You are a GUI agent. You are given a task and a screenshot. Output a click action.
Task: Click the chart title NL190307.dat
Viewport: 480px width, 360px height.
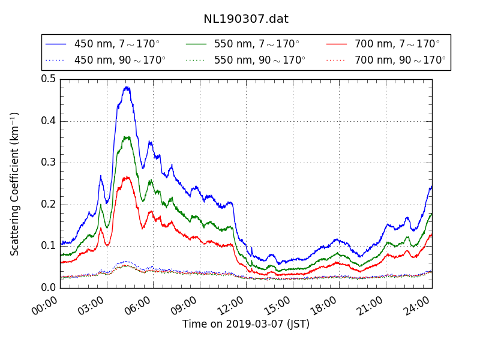(246, 19)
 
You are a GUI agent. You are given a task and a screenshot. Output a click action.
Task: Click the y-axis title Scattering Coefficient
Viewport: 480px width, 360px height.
(15, 184)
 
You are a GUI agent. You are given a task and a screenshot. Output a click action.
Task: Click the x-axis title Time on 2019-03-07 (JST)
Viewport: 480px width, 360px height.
(246, 324)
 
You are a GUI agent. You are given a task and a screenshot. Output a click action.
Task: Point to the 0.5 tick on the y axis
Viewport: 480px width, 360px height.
(49, 79)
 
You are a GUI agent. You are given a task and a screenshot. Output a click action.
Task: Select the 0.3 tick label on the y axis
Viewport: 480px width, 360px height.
(49, 162)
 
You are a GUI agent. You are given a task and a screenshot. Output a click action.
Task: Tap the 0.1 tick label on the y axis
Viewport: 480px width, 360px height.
(49, 245)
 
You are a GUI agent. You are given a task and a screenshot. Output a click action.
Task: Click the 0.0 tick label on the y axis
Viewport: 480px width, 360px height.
(49, 287)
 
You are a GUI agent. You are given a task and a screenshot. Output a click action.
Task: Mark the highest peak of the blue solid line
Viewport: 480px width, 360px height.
(127, 87)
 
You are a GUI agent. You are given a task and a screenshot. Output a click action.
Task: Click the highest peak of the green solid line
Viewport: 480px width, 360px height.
(127, 137)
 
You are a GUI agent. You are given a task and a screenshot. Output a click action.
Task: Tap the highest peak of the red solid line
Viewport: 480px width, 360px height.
(127, 176)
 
